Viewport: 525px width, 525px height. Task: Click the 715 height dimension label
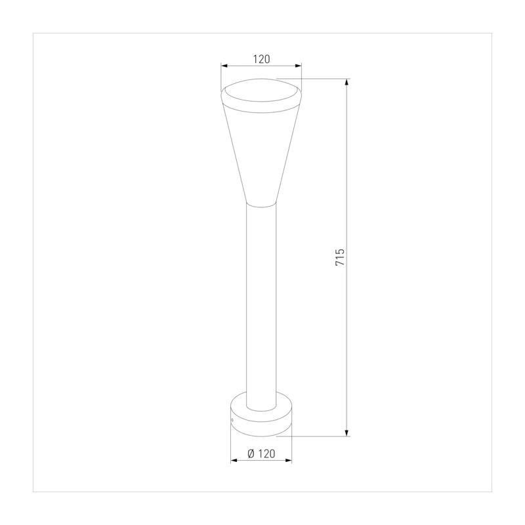[340, 257]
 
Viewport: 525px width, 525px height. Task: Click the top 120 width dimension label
[261, 59]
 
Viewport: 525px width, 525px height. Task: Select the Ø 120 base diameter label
[261, 453]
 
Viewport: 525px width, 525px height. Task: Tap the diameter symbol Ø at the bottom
[251, 453]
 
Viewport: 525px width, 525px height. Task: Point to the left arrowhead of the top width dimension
[224, 66]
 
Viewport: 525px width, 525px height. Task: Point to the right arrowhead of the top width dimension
[299, 66]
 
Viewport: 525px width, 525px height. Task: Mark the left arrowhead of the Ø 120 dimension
[234, 461]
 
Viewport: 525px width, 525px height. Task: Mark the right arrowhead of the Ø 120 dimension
[288, 461]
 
